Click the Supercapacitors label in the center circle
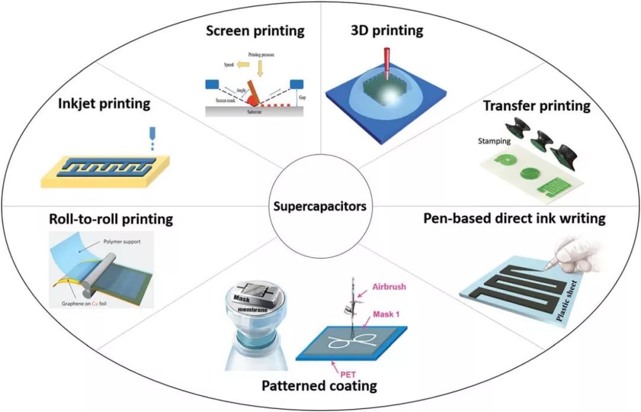click(x=320, y=207)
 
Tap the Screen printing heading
click(x=255, y=30)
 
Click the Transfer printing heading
click(x=537, y=106)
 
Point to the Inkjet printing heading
click(x=104, y=104)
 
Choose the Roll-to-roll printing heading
click(x=111, y=219)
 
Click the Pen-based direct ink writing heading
click(x=514, y=218)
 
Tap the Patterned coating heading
click(x=319, y=386)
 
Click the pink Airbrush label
click(x=389, y=287)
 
